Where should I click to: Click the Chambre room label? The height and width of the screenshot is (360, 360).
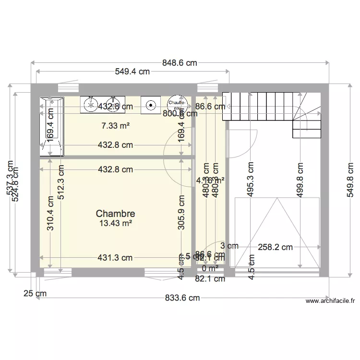pos(115,214)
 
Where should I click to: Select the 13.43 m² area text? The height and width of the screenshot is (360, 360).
pos(115,223)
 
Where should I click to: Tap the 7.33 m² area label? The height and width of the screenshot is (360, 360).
pos(116,126)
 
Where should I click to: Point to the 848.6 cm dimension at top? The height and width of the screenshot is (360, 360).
pos(180,63)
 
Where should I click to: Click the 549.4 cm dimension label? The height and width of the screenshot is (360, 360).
pos(132,72)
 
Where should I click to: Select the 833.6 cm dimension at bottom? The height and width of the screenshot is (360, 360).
pos(182,298)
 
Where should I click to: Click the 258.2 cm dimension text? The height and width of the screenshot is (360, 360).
pos(275,248)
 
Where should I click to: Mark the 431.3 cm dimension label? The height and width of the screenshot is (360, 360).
pos(115,258)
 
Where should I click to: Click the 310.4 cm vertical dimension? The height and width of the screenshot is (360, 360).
pos(50,213)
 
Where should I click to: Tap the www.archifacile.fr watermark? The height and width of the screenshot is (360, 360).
pos(330,301)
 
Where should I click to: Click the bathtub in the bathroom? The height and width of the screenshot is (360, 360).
pos(51,126)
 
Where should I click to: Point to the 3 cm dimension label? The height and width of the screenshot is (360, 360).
pos(230,246)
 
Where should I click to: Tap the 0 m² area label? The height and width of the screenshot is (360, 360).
pos(210,268)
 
